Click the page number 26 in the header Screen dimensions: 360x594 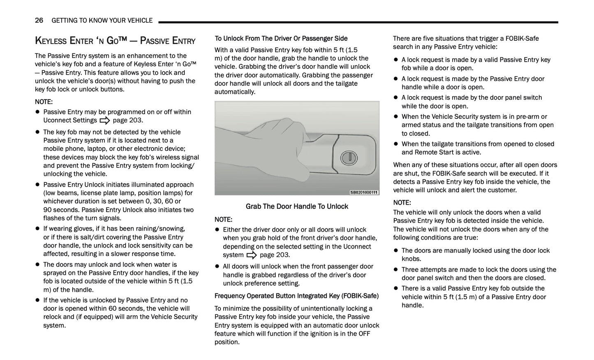click(x=39, y=21)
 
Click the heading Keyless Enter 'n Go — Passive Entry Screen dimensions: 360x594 click(x=115, y=41)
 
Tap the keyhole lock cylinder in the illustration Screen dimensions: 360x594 click(x=346, y=157)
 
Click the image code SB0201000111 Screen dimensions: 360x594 click(x=364, y=192)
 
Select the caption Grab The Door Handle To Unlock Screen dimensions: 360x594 click(x=297, y=206)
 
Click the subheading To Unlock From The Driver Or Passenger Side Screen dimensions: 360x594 click(x=281, y=39)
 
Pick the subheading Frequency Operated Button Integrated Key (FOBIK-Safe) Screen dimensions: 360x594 click(x=296, y=296)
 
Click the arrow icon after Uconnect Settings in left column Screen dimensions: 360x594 click(x=105, y=120)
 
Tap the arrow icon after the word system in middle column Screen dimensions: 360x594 click(x=252, y=255)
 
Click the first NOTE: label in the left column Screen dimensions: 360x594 click(x=44, y=102)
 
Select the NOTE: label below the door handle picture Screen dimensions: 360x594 click(x=223, y=220)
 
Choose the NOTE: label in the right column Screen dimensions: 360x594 click(x=402, y=203)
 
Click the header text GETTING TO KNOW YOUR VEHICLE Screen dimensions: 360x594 click(x=102, y=21)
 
